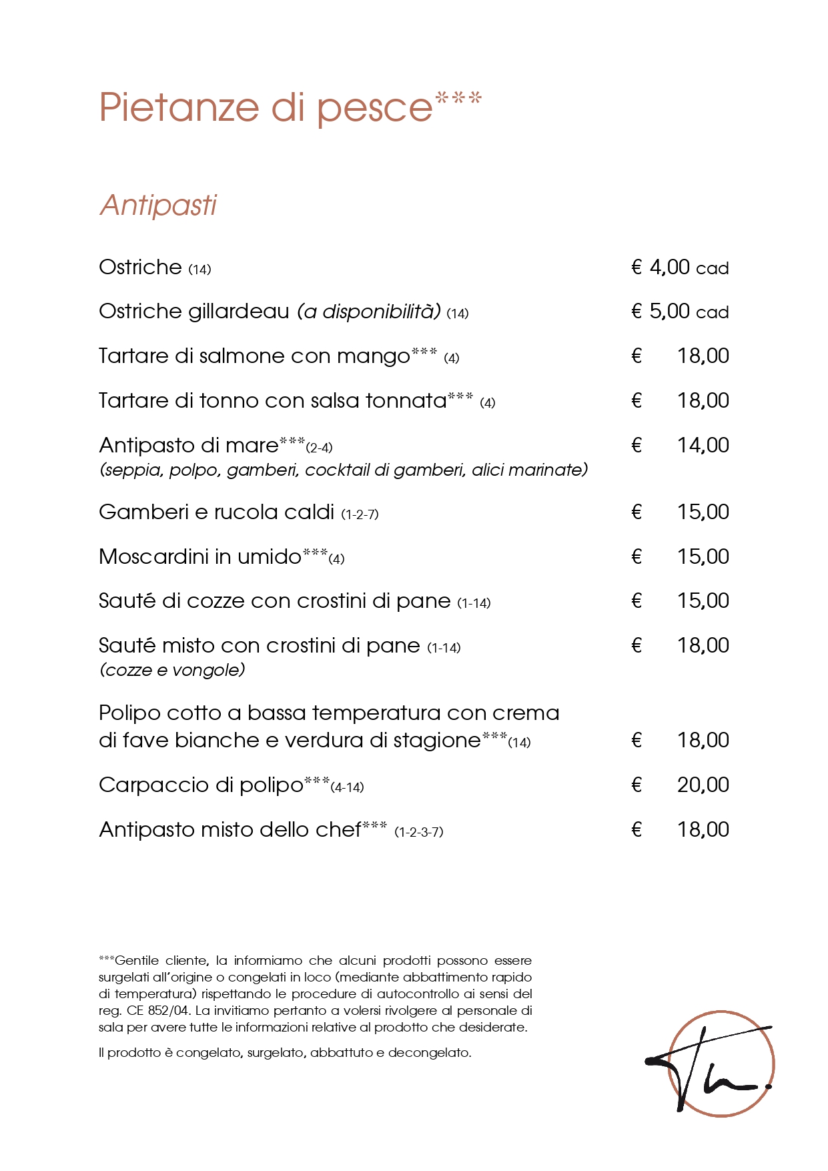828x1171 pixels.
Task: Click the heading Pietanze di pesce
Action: [x=267, y=107]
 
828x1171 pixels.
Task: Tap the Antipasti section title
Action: [x=158, y=206]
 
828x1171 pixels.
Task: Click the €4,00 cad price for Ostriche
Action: [x=679, y=268]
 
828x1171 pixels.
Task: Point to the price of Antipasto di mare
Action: [x=702, y=445]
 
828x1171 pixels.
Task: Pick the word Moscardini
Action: [x=153, y=556]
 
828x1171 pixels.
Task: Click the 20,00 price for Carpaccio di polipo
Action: [x=702, y=785]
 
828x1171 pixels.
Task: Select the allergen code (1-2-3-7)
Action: [x=418, y=832]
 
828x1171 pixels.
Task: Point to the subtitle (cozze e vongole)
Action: [x=172, y=670]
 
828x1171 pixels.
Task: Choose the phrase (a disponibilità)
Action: [x=368, y=312]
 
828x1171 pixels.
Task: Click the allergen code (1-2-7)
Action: [x=360, y=514]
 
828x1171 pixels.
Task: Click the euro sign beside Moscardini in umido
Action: [x=637, y=556]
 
